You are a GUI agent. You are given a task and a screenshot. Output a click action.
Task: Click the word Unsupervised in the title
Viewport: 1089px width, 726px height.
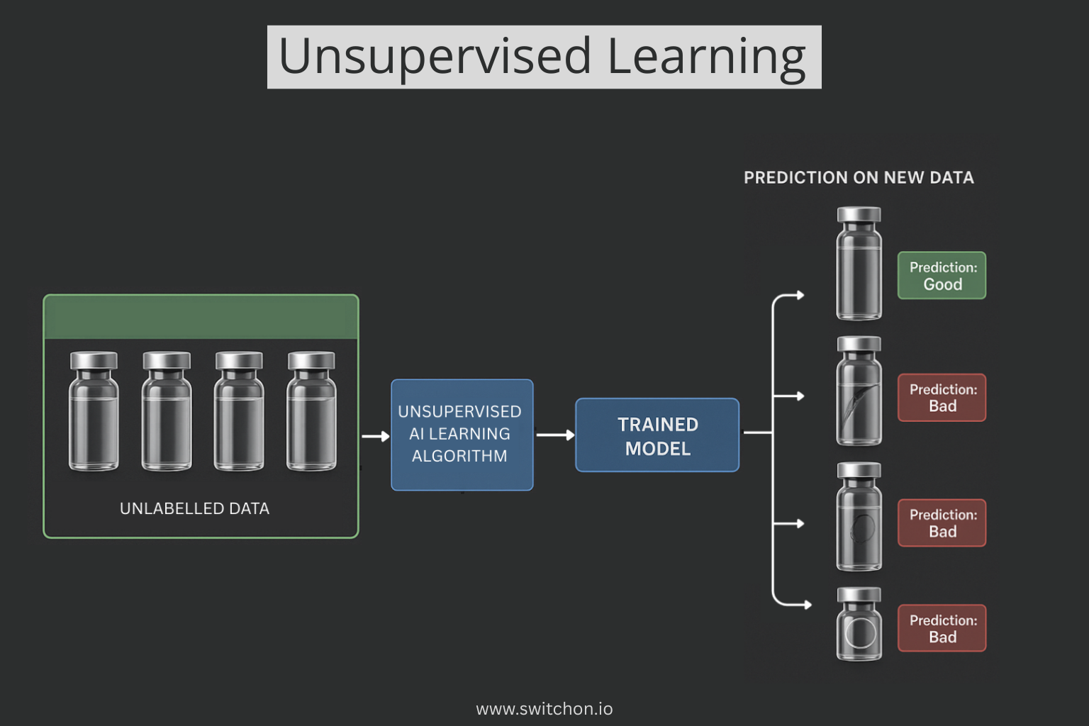[x=435, y=57]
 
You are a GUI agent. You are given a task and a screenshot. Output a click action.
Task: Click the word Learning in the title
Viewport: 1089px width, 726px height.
[x=706, y=57]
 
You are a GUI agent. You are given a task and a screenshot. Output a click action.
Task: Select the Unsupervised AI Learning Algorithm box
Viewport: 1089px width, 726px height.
[x=462, y=435]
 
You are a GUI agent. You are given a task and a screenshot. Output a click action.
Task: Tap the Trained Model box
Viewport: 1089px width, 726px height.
[x=657, y=435]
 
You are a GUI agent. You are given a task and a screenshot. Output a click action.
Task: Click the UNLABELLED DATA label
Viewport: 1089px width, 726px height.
[x=194, y=508]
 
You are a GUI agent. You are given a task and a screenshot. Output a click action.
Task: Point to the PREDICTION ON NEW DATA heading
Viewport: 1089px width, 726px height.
[x=859, y=178]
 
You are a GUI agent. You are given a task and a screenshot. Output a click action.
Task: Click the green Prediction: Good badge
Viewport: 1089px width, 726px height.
[x=942, y=276]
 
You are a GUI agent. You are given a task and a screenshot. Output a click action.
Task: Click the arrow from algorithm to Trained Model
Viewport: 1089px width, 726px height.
[x=555, y=435]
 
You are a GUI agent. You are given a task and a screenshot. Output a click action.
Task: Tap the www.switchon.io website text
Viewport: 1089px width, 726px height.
[x=544, y=708]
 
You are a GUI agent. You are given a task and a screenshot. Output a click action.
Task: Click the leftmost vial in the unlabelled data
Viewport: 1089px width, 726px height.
[x=94, y=411]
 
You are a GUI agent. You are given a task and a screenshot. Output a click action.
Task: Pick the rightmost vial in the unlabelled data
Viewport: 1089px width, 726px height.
[x=311, y=411]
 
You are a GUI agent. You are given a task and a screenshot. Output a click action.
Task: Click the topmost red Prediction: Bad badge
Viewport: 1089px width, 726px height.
[x=942, y=398]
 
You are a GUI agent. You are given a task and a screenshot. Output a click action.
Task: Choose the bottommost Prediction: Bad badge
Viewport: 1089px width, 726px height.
[x=942, y=628]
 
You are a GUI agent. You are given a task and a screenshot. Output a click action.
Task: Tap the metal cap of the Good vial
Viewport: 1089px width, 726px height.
[x=859, y=215]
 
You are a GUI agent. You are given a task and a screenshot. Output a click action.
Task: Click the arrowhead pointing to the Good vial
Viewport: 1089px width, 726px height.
[x=800, y=295]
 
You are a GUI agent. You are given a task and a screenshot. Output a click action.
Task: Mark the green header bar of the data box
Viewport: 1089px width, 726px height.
[x=201, y=317]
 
